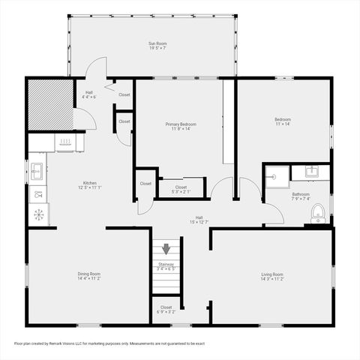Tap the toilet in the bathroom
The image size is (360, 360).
tap(318, 212)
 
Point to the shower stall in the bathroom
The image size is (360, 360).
tap(275, 178)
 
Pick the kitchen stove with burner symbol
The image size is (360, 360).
tap(37, 214)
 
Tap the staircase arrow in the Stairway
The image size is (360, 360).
tap(166, 250)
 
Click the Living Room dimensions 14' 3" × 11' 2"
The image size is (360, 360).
tap(272, 278)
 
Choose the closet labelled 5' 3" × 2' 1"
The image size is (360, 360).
tap(181, 189)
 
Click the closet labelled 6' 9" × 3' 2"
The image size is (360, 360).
tap(166, 309)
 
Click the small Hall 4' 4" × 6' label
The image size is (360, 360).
tap(88, 94)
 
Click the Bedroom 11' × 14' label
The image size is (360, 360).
tap(283, 121)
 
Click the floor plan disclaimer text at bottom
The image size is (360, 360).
tap(109, 343)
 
